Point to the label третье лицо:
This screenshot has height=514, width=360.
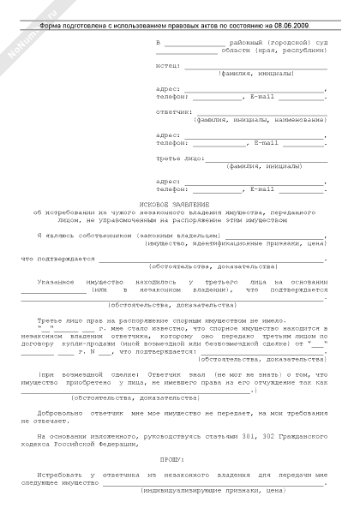178,158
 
